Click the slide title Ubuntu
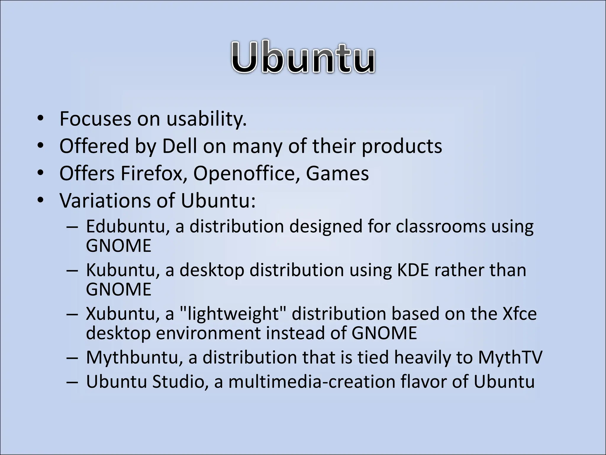point(303,57)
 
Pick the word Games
point(337,174)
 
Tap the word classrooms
point(441,226)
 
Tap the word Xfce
point(520,314)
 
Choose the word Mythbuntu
point(134,358)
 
